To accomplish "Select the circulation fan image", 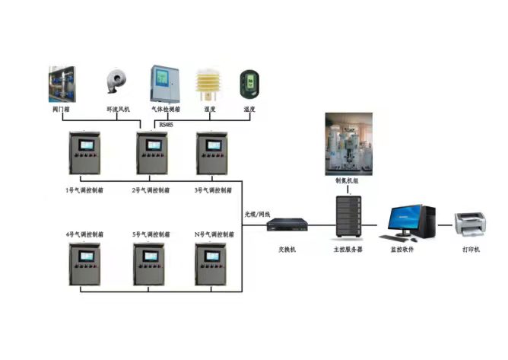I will pos(119,85).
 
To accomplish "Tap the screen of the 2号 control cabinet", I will pos(150,144).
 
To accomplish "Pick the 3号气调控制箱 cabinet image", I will pos(213,155).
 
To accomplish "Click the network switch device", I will pos(287,225).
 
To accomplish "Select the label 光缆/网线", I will pos(258,214).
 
